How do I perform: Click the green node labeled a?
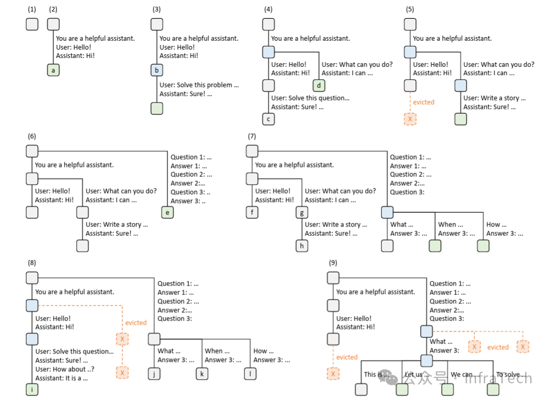pyautogui.click(x=53, y=70)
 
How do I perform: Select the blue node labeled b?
pyautogui.click(x=157, y=70)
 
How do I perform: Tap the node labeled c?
pyautogui.click(x=268, y=119)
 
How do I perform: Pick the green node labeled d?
pyautogui.click(x=319, y=86)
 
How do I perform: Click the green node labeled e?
pyautogui.click(x=167, y=212)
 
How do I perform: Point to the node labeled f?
pyautogui.click(x=252, y=212)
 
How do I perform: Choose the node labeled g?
pyautogui.click(x=302, y=212)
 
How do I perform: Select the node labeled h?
pyautogui.click(x=302, y=246)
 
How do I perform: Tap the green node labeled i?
pyautogui.click(x=32, y=389)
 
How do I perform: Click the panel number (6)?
pyautogui.click(x=32, y=136)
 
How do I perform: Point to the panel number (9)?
pyautogui.click(x=333, y=262)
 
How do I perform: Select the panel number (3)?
pyautogui.click(x=156, y=9)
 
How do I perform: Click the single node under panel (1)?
pyautogui.click(x=32, y=24)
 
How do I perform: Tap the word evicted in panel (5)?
pyautogui.click(x=423, y=102)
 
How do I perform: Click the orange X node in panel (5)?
pyautogui.click(x=410, y=119)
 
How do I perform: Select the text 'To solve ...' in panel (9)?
pyautogui.click(x=511, y=374)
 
